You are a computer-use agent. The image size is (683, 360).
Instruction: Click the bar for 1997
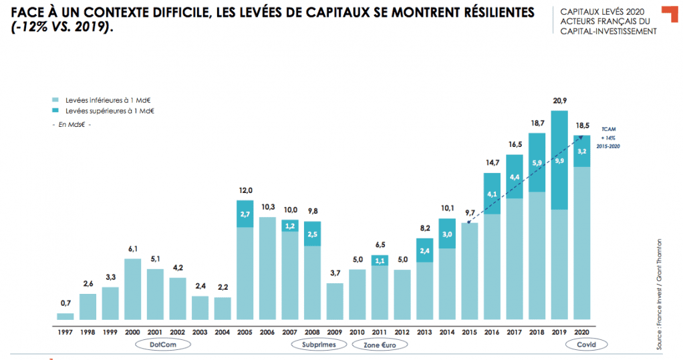tap(65, 316)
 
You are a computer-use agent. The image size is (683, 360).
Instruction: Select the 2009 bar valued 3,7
tap(335, 301)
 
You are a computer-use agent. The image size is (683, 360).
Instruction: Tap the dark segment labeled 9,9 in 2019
tap(559, 160)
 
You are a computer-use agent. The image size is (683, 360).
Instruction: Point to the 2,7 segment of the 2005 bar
tap(245, 214)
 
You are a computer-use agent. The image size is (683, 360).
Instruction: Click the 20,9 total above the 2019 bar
tap(559, 100)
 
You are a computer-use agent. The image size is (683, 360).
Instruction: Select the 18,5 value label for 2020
tap(581, 126)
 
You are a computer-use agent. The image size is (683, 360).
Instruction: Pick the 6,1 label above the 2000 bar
tap(133, 249)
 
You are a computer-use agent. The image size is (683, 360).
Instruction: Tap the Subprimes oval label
tap(318, 345)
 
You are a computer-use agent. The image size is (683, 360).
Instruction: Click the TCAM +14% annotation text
tap(607, 137)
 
